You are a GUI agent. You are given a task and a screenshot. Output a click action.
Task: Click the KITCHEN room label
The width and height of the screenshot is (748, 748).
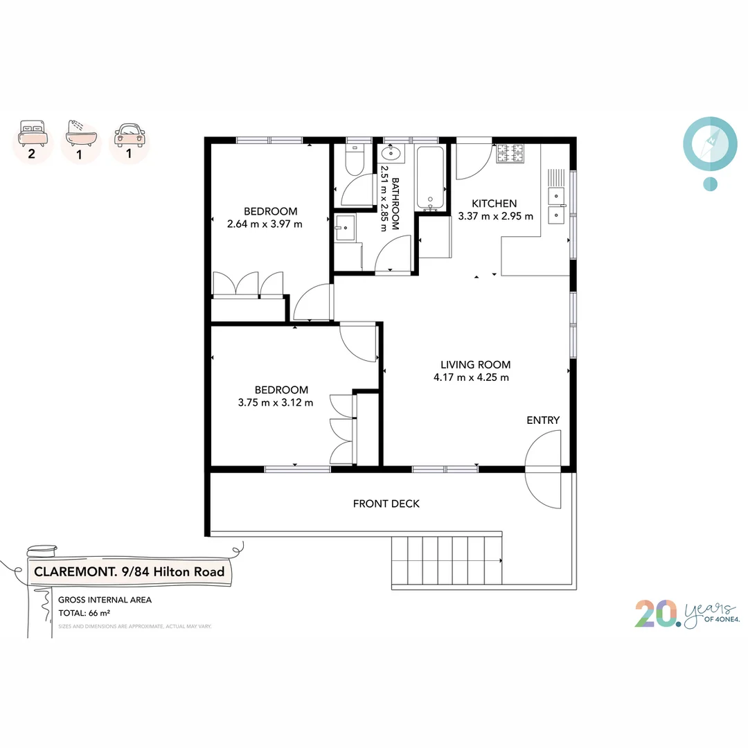click(x=494, y=204)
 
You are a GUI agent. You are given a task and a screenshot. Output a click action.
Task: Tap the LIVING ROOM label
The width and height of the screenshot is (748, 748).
click(x=476, y=365)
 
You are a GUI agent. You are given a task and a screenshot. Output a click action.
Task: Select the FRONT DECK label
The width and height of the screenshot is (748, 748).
click(x=386, y=504)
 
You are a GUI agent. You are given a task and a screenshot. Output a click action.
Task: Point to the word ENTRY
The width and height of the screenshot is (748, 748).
click(x=543, y=420)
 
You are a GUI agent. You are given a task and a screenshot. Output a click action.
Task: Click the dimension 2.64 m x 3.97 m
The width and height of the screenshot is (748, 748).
click(x=265, y=224)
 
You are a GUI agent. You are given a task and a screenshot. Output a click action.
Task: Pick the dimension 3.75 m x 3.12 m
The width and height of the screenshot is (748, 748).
click(x=275, y=402)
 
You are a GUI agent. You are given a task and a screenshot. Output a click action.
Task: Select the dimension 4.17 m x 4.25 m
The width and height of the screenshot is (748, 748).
click(x=472, y=377)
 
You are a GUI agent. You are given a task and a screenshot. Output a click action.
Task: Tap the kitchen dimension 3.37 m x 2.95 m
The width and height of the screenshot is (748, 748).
click(x=496, y=216)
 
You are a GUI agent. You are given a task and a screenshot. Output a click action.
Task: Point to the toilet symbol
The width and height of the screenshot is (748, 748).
click(x=353, y=161)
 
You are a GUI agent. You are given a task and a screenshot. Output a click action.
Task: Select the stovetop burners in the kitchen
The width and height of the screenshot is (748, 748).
click(x=510, y=153)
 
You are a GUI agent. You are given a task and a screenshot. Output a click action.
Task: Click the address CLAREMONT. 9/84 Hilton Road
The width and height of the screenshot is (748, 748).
click(x=130, y=572)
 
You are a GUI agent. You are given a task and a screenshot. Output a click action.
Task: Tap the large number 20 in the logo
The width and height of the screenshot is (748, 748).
click(x=657, y=614)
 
